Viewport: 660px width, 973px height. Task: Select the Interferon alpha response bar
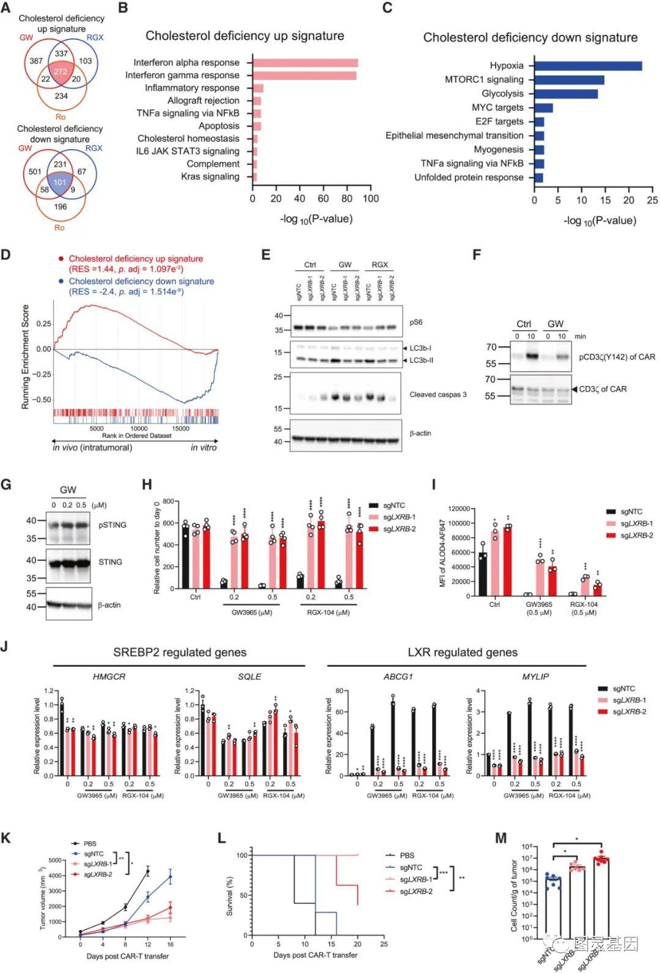click(x=305, y=62)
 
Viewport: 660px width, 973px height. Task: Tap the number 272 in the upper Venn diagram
click(x=60, y=72)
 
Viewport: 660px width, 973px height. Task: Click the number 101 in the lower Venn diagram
click(x=59, y=182)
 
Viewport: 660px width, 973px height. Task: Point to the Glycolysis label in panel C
click(x=502, y=94)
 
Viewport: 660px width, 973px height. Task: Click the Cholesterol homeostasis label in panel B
click(x=188, y=138)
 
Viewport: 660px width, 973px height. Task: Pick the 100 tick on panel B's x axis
click(x=370, y=199)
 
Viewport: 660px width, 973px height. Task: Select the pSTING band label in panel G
click(x=112, y=524)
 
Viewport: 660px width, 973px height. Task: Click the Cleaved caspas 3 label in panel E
click(x=438, y=395)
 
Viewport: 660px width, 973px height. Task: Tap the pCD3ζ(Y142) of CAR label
click(x=617, y=357)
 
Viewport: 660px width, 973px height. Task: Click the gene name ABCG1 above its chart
click(x=398, y=677)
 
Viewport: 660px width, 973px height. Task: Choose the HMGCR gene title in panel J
click(x=109, y=677)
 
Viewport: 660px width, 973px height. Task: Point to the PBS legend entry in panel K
click(x=90, y=843)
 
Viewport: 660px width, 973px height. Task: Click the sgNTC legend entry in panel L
click(x=411, y=867)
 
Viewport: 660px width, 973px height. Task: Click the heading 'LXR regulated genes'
click(x=462, y=652)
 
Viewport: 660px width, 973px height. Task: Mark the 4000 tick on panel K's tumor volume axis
click(x=55, y=876)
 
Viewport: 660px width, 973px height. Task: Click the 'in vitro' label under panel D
click(x=203, y=447)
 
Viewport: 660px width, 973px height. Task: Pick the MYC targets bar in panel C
click(x=543, y=108)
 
